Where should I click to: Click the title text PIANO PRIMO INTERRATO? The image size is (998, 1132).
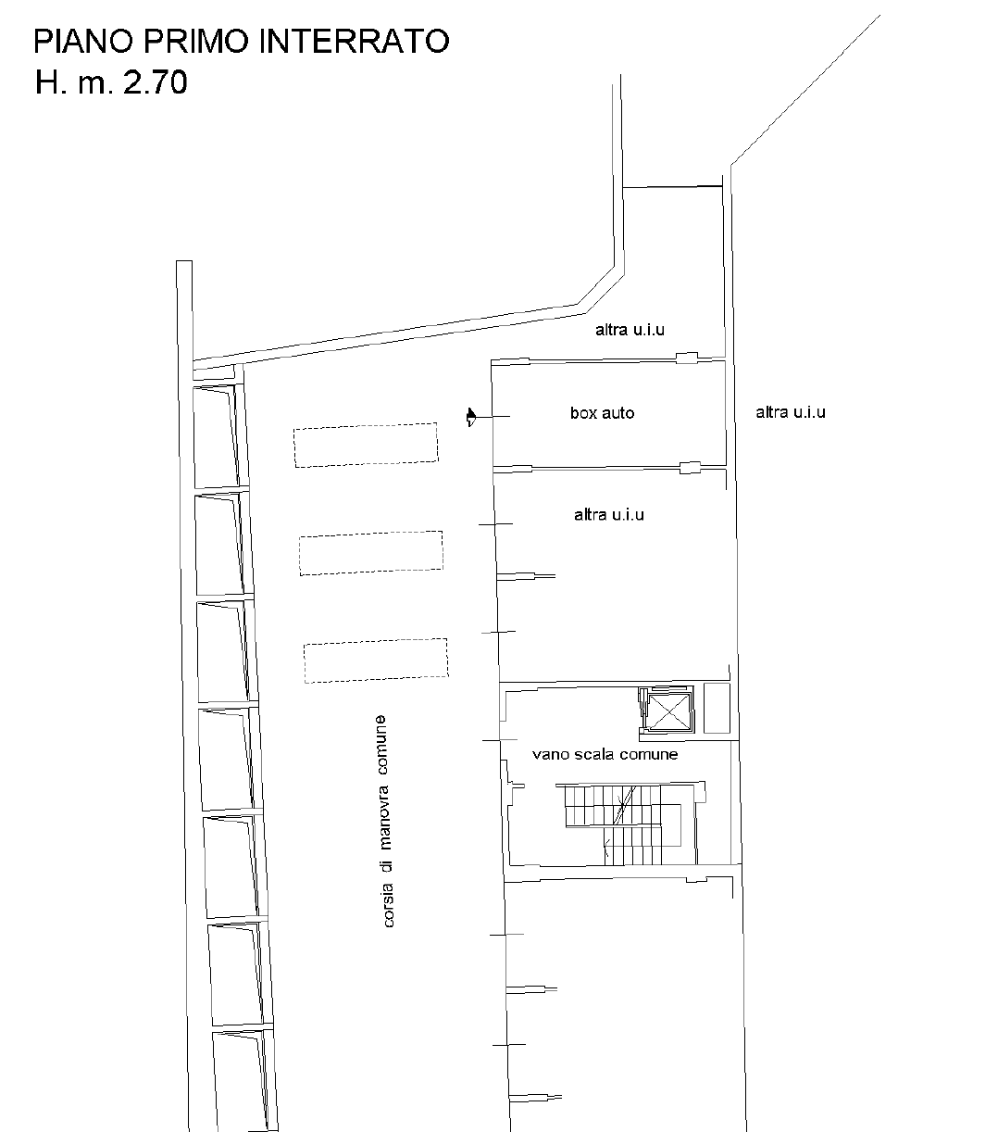[242, 42]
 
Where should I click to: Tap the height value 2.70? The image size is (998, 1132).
[156, 82]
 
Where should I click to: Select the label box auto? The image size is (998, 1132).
[602, 413]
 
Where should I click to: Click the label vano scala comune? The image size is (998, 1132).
[605, 754]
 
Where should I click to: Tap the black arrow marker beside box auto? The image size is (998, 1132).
[471, 417]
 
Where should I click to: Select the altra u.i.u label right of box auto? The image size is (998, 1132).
[791, 412]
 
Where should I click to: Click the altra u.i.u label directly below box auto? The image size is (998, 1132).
[609, 515]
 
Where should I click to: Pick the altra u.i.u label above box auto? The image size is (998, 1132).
[630, 330]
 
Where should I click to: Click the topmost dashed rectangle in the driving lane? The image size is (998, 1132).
[366, 445]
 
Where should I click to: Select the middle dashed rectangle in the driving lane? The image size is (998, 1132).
[371, 553]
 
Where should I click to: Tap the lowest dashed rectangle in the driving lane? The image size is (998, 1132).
[375, 660]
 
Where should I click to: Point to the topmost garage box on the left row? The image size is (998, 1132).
[216, 436]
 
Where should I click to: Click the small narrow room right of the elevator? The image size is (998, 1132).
[717, 708]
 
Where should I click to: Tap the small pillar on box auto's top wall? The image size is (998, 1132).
[687, 358]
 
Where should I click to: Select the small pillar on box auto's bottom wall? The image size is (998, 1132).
[690, 468]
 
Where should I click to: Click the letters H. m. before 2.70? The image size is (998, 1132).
[74, 82]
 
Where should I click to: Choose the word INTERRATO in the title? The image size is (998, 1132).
[354, 42]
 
